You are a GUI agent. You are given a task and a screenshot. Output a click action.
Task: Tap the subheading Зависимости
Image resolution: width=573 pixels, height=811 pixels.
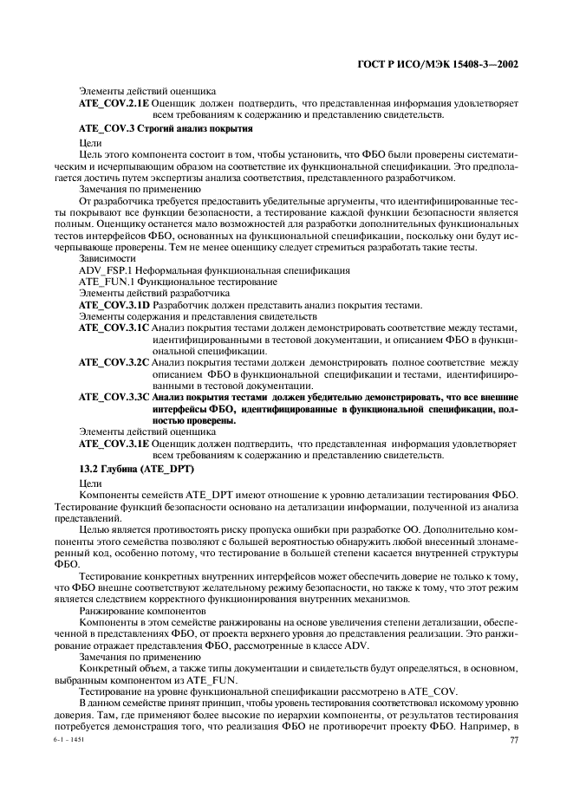click(107, 258)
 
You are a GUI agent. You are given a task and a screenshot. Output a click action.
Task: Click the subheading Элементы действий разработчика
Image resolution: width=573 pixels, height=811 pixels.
click(142, 293)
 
